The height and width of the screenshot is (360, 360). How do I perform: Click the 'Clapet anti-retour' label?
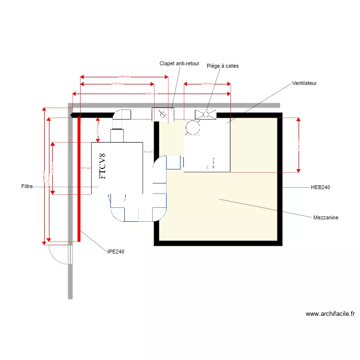(x=179, y=63)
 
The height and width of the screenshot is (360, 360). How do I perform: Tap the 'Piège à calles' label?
(x=222, y=66)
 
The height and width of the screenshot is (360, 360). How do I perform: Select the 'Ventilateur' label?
(x=304, y=83)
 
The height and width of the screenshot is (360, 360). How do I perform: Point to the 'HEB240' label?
(x=321, y=187)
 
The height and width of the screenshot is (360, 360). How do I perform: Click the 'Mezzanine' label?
(x=325, y=217)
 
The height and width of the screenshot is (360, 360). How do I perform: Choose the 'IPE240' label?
(x=116, y=251)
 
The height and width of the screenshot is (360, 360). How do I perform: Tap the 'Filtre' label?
(x=27, y=186)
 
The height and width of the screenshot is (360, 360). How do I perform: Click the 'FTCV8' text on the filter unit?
(x=102, y=166)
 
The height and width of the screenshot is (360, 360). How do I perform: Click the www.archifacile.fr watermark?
(x=330, y=314)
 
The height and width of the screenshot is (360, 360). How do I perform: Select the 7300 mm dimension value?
(x=151, y=94)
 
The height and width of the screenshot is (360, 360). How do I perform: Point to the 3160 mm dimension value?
(x=207, y=84)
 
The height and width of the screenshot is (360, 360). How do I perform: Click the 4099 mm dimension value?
(x=124, y=76)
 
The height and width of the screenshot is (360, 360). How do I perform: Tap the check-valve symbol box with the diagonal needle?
(x=163, y=114)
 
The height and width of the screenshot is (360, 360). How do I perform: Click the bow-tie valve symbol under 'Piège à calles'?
(x=205, y=114)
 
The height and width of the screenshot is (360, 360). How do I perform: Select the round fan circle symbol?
(x=192, y=127)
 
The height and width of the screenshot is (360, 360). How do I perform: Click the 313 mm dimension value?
(x=148, y=152)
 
